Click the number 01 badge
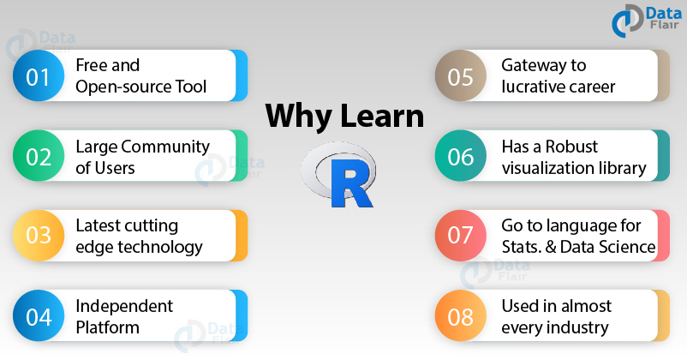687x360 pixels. (x=38, y=76)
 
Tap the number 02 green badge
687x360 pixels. (x=38, y=156)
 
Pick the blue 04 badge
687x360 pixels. (x=38, y=316)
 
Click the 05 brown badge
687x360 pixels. (x=460, y=76)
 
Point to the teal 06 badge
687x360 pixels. (x=460, y=156)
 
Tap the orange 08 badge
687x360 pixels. (x=460, y=316)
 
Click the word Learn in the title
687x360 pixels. (x=381, y=116)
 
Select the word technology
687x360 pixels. (x=161, y=247)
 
